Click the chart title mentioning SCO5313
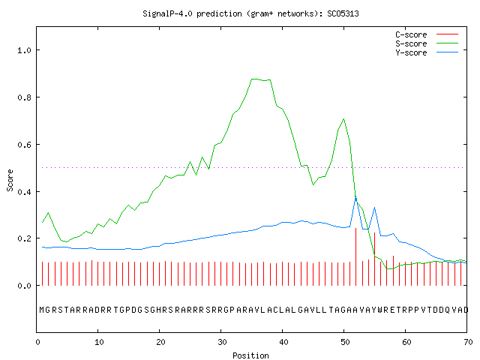[x=250, y=13]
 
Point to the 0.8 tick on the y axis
[x=25, y=97]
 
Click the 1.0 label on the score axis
[x=25, y=50]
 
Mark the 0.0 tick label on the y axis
[x=25, y=286]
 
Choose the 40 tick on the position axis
[x=283, y=342]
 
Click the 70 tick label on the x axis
[x=468, y=342]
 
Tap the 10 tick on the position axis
[x=99, y=342]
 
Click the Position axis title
[x=250, y=355]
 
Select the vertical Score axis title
[x=10, y=181]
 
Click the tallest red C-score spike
[x=355, y=256]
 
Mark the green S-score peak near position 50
[x=343, y=119]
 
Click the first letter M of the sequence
[x=42, y=310]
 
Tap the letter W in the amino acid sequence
[x=380, y=310]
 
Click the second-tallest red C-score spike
[x=374, y=263]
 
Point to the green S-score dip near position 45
[x=313, y=184]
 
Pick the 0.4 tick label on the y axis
[x=25, y=192]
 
